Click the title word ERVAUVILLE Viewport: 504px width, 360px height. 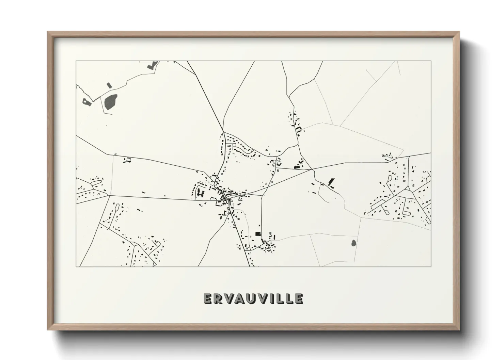pos(253,298)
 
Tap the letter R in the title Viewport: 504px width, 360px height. pos(219,298)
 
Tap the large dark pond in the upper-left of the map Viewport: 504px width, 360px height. pos(110,102)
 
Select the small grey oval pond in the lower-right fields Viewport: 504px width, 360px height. pos(353,243)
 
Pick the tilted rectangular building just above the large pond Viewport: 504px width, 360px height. pos(109,85)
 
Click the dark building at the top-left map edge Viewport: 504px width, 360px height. pos(151,66)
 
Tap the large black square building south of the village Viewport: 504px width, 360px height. pos(258,234)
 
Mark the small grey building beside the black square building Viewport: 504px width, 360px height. pos(270,233)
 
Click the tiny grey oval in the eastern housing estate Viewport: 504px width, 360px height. pos(404,181)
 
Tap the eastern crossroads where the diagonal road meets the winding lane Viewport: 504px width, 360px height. pos(312,169)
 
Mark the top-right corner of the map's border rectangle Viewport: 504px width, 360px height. pos(431,61)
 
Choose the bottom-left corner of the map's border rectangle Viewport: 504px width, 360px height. pos(76,266)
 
